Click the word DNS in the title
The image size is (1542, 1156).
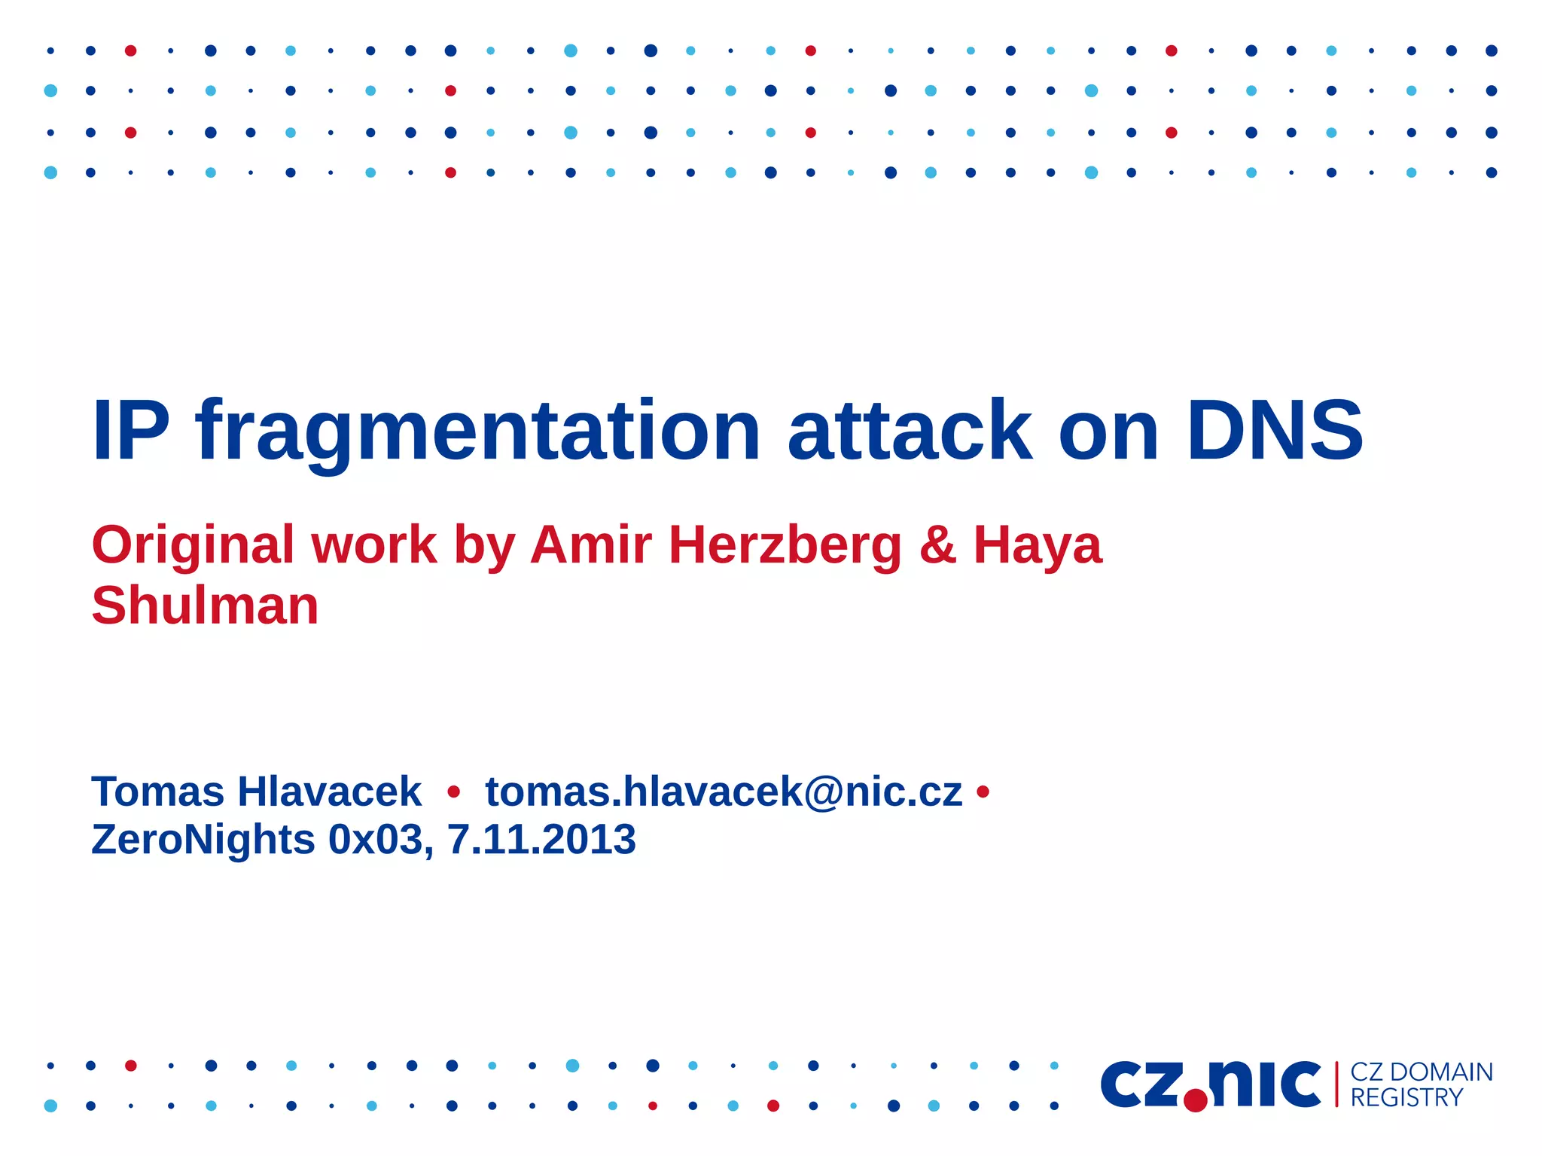1275,430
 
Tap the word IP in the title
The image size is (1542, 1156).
130,430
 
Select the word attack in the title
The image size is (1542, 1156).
910,430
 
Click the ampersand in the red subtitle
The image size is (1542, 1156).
937,544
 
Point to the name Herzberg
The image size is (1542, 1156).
785,546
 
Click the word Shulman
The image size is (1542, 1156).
205,605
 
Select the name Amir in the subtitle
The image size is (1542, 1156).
590,544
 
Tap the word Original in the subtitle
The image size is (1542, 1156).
193,546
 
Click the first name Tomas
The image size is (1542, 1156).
157,792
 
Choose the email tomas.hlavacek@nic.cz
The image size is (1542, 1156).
724,792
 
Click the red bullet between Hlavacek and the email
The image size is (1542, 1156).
453,792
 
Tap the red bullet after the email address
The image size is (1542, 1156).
982,792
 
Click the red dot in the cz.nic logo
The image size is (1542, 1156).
1195,1100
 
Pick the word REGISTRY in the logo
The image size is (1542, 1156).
1406,1098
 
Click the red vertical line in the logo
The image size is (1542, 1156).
1336,1084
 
